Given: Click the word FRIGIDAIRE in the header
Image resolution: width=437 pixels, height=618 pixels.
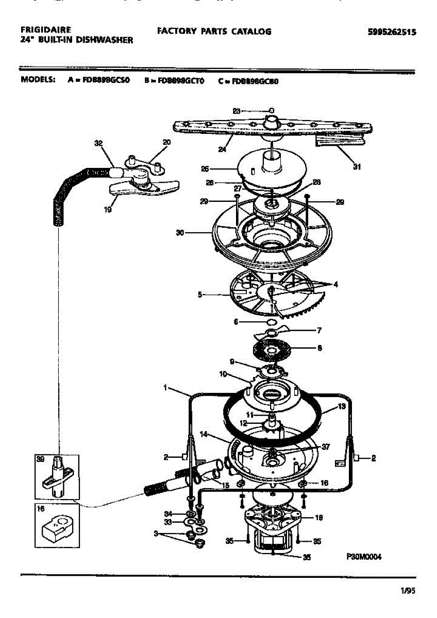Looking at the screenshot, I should click(45, 30).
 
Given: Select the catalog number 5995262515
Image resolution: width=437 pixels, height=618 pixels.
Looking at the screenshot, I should click(392, 32).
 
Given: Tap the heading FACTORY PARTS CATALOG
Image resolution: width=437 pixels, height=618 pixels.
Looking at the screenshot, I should click(214, 31).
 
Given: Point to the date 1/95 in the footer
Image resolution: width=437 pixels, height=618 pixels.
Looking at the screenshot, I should click(408, 591).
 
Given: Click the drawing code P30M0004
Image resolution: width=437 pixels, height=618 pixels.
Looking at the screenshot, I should click(363, 556).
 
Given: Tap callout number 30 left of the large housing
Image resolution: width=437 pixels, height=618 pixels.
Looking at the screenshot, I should click(180, 233).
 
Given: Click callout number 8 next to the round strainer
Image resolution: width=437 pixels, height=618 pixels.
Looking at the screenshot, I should click(320, 348).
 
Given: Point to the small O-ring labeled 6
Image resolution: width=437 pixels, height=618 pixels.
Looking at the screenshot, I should click(261, 322).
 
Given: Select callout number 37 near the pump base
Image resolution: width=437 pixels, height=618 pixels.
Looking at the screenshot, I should click(325, 447).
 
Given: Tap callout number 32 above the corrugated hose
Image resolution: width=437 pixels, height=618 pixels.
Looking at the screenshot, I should click(98, 144).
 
